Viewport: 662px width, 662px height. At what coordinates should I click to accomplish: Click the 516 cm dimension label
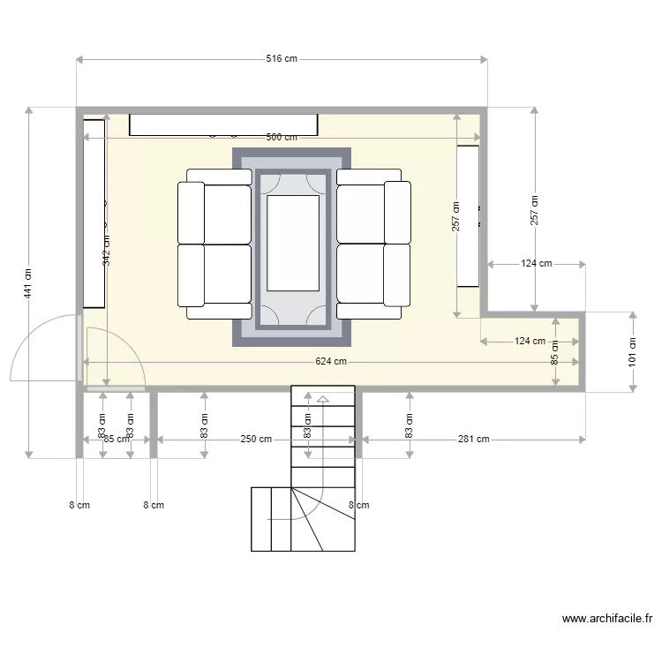click(281, 60)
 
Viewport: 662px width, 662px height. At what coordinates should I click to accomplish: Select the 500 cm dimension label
click(281, 138)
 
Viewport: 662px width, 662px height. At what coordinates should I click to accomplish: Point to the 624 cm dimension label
click(331, 362)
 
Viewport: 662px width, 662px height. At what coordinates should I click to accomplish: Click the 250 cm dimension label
click(256, 439)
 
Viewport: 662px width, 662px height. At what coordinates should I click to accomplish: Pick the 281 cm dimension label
click(473, 439)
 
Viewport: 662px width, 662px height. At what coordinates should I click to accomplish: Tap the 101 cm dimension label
click(632, 352)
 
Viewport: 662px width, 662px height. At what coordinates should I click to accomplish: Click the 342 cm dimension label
click(107, 250)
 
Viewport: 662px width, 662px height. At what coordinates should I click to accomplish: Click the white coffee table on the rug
click(293, 243)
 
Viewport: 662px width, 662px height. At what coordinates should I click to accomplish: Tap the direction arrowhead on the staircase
click(323, 400)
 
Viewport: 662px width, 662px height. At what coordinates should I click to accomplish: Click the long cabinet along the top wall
click(223, 124)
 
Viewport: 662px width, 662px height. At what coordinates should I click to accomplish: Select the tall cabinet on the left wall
click(94, 214)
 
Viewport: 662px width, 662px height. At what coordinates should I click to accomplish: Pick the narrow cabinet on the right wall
click(468, 216)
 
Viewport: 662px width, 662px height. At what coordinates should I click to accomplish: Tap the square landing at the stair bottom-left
click(271, 519)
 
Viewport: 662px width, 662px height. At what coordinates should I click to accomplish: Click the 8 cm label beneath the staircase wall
click(358, 506)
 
